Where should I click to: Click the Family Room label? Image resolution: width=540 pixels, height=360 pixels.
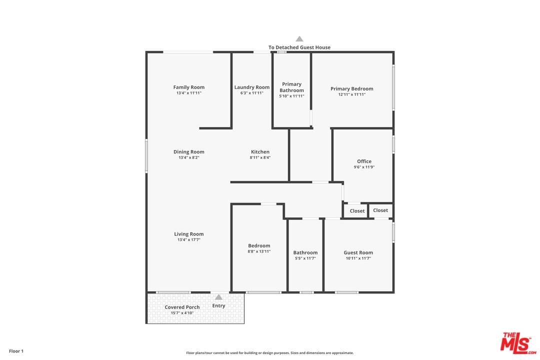click(188, 87)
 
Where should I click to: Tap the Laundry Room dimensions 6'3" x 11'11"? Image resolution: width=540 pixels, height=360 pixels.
click(252, 93)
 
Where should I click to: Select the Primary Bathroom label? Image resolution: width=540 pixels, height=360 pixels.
click(291, 87)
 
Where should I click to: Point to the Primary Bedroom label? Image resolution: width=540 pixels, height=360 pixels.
click(351, 89)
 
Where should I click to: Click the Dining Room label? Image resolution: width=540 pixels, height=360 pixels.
click(188, 152)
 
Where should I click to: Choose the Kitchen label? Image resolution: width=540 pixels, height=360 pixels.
click(260, 152)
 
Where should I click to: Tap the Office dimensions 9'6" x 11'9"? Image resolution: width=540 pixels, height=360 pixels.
click(364, 167)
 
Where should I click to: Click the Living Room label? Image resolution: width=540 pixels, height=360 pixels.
click(188, 234)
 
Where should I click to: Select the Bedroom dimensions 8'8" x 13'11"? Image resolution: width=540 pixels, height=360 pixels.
click(259, 251)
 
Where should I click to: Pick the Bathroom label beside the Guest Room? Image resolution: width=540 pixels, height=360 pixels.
click(305, 252)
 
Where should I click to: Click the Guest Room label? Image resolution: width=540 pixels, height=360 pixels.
click(358, 252)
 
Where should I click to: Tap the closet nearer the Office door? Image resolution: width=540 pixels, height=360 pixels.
click(357, 211)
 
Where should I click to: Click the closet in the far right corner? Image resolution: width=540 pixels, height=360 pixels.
click(380, 210)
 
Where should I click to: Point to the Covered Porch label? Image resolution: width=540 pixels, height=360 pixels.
click(182, 307)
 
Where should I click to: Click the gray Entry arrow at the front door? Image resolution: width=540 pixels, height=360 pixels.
click(218, 297)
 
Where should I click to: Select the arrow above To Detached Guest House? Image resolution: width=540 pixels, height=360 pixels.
click(299, 39)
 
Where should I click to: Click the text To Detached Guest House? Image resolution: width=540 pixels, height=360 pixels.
click(299, 47)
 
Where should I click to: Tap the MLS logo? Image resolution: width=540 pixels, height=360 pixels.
click(518, 343)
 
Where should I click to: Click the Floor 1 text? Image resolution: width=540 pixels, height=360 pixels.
click(16, 351)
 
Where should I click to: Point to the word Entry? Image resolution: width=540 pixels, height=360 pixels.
click(218, 306)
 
